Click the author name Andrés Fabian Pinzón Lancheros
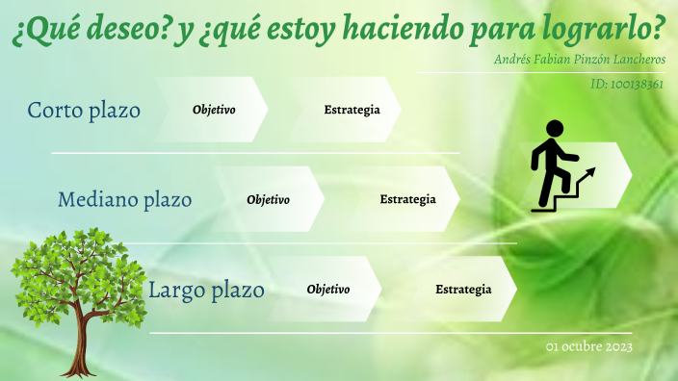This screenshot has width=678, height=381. pos(579,59)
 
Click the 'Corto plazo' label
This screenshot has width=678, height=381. pos(84,111)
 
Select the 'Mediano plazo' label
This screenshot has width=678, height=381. pos(124,200)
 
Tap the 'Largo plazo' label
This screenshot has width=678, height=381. pos(206,289)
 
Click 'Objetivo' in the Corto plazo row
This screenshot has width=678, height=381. pos(214,110)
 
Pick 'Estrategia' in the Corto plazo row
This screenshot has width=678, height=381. pos(352,110)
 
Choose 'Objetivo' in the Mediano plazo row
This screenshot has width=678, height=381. pos(268,200)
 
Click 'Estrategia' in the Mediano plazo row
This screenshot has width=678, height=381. pos(407,200)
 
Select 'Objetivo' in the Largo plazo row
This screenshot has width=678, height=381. pos(327,290)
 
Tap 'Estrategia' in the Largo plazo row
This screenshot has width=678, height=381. pos(463,290)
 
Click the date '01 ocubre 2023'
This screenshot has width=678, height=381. pos(588,346)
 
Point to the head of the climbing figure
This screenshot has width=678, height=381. pos(554,128)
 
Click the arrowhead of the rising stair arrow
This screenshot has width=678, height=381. pos(590,171)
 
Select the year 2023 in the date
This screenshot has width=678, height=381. pos(616,346)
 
